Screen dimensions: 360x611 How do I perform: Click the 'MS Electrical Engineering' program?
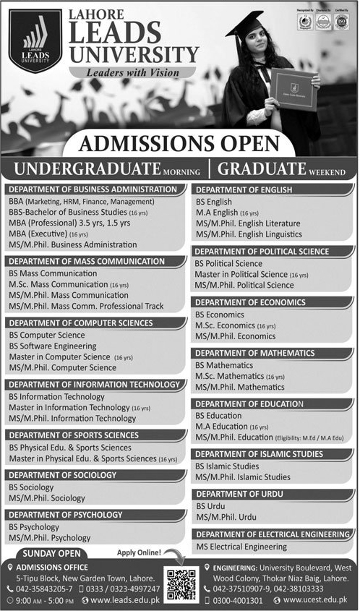pyautogui.click(x=241, y=547)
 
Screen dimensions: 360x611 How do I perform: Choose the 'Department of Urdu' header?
pyautogui.click(x=240, y=493)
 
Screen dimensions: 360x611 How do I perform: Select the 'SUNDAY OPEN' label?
pyautogui.click(x=45, y=554)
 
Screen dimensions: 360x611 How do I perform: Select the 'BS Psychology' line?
pyautogui.click(x=34, y=527)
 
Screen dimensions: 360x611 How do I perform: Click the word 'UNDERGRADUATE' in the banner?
pyautogui.click(x=87, y=169)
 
